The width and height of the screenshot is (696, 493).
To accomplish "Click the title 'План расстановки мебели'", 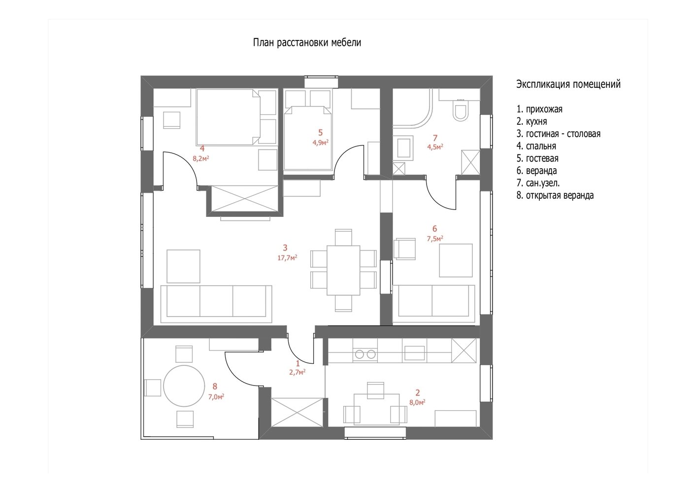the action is (307, 42).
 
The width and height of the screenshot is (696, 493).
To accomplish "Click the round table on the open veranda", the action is (184, 386).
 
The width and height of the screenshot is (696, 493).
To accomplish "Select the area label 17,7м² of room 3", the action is (287, 258).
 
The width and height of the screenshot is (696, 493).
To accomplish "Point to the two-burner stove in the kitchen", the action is (365, 354).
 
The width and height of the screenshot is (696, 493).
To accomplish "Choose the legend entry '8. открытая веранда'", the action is (555, 195).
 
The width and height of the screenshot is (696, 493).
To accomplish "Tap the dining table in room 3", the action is (343, 270).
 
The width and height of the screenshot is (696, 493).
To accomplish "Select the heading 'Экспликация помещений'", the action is (568, 84).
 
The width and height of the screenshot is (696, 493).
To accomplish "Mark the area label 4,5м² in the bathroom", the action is (435, 147).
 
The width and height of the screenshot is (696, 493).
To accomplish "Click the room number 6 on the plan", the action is (434, 229).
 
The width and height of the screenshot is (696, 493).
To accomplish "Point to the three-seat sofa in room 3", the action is (216, 304).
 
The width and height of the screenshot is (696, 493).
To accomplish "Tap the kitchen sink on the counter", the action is (414, 353).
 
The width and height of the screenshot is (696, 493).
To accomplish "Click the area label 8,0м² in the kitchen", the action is (417, 402).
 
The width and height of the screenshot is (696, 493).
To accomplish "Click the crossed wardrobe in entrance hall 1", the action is (298, 413).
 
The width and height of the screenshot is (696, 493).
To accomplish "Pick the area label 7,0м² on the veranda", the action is (216, 397).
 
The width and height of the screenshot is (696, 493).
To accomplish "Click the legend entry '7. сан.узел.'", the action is (538, 183).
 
